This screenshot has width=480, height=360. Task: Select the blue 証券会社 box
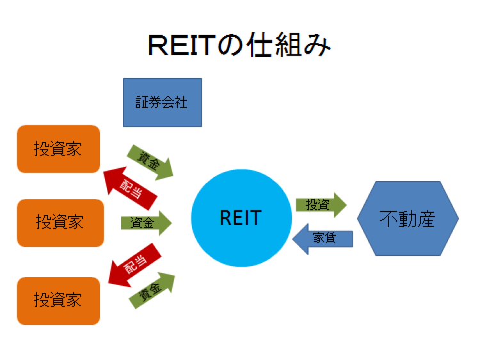point(162,102)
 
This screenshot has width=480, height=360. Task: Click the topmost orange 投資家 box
point(58,149)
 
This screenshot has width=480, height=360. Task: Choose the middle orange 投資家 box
point(60,223)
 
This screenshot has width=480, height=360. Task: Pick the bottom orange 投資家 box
point(58,300)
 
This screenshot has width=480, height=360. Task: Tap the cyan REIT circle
point(240,218)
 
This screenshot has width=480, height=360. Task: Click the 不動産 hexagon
point(407,219)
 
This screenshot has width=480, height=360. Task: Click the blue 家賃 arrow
point(323,239)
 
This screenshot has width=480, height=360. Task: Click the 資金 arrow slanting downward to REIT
point(150,160)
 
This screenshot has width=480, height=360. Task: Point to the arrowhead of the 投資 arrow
point(339,205)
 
